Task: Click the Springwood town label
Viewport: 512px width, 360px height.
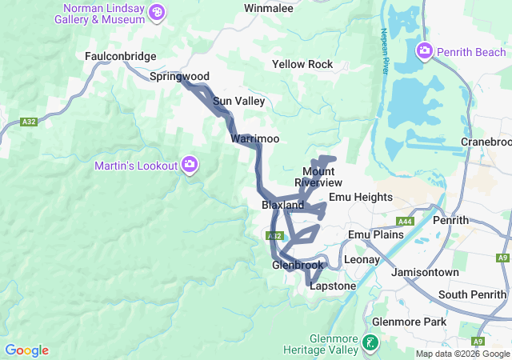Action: pyautogui.click(x=179, y=77)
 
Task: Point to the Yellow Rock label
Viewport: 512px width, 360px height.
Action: pyautogui.click(x=302, y=64)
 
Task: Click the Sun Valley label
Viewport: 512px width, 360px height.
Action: pyautogui.click(x=238, y=102)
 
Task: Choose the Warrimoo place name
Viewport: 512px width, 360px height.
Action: pyautogui.click(x=255, y=139)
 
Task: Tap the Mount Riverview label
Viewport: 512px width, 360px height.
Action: pyautogui.click(x=318, y=177)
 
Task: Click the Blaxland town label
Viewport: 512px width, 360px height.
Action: pyautogui.click(x=282, y=206)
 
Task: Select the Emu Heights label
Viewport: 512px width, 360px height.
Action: pyautogui.click(x=361, y=197)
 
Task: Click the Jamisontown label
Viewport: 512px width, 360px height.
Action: pyautogui.click(x=425, y=273)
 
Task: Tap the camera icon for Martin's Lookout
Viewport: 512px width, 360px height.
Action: pyautogui.click(x=190, y=165)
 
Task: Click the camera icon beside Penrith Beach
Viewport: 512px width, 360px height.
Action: pyautogui.click(x=424, y=52)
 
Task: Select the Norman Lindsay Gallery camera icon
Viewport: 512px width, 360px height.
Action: pyautogui.click(x=157, y=11)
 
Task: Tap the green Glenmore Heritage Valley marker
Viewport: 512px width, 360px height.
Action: pyautogui.click(x=370, y=343)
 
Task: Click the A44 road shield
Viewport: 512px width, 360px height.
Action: pyautogui.click(x=405, y=222)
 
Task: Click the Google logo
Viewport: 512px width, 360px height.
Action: pyautogui.click(x=26, y=350)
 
